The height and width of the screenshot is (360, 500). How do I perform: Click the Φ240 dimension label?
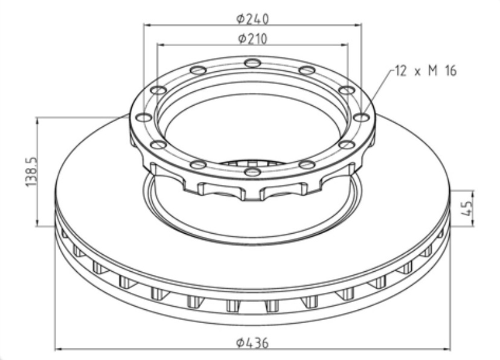coord(252,19)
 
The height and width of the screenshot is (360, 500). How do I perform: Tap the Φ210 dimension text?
coord(252,39)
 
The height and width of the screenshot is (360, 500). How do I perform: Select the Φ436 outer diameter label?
coord(252,342)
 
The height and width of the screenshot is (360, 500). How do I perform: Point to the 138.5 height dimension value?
coord(31,172)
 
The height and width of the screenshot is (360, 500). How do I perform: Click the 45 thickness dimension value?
coord(466,208)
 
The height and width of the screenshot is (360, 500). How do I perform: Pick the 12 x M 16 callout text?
coord(426,71)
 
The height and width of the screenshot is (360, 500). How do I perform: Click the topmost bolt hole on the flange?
coord(252,63)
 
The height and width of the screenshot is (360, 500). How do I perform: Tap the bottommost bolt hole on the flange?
coord(252,172)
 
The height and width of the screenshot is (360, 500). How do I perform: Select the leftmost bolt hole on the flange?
coord(144,118)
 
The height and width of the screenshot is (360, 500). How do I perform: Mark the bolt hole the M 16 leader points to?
coord(362,118)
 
